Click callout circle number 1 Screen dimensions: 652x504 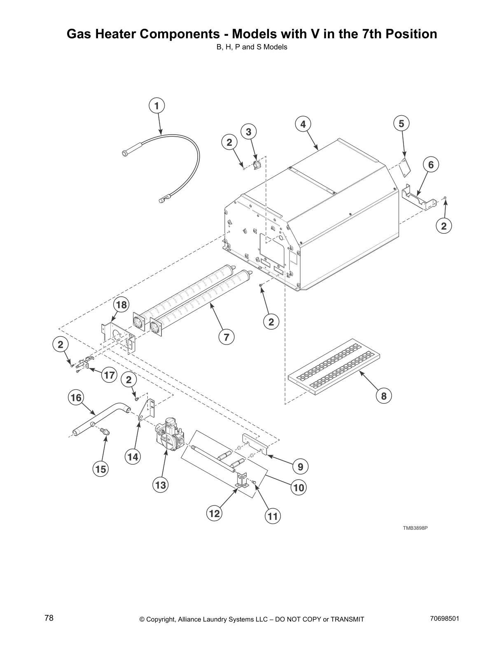click(x=156, y=106)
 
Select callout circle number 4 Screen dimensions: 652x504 click(x=303, y=124)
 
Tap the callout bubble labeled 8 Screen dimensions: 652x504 click(x=384, y=396)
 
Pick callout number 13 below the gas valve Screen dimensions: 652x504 click(x=161, y=485)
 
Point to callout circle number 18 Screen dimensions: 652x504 click(x=121, y=305)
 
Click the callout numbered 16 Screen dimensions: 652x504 click(x=76, y=398)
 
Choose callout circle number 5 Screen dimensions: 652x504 click(x=401, y=123)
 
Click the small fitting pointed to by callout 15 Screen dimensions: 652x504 click(x=105, y=432)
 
